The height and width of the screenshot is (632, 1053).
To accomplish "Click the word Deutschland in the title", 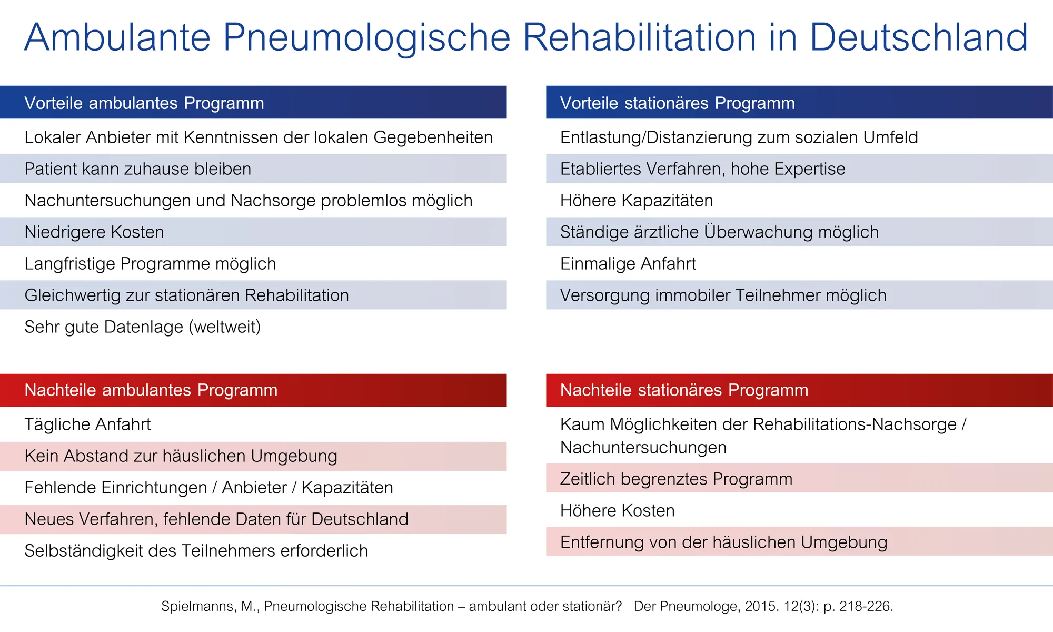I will (918, 38).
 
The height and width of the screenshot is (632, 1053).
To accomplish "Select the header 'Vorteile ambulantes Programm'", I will (144, 103).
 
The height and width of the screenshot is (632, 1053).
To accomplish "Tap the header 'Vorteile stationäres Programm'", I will (677, 103).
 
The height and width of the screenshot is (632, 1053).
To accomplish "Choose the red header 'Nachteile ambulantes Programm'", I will (151, 390).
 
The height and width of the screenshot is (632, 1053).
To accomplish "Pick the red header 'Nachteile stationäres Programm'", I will (684, 390).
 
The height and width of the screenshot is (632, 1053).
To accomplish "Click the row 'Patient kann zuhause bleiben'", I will (138, 169).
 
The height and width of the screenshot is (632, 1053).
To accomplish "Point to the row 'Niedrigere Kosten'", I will (94, 232).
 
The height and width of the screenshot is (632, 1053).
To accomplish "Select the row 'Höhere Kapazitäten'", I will (637, 201).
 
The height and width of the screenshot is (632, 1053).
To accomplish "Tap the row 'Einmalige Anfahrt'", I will (628, 264).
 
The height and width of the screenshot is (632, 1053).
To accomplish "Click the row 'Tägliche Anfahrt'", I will (87, 424).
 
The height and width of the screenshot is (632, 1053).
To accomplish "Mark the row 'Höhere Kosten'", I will (617, 511).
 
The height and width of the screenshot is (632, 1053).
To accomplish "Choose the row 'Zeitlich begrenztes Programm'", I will (676, 479).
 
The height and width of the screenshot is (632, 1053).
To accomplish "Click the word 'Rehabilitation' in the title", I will (639, 38).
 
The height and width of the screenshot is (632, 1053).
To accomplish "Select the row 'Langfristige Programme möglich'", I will (150, 264).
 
